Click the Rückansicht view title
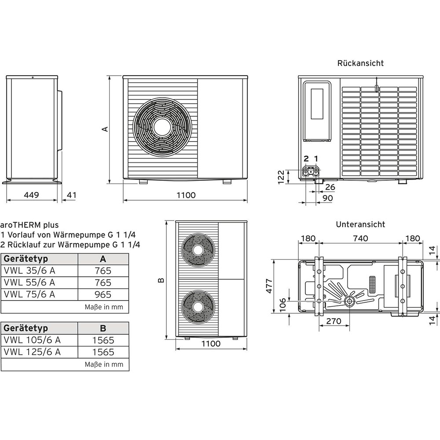[x=360, y=63]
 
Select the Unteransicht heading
[x=360, y=224]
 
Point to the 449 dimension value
[x=31, y=195]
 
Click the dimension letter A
[x=105, y=129]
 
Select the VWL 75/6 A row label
[x=29, y=294]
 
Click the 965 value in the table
[x=103, y=294]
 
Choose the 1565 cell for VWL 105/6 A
[x=103, y=340]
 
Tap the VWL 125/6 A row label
[x=32, y=352]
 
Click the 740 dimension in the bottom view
[x=360, y=238]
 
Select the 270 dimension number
[x=334, y=322]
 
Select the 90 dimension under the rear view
[x=327, y=198]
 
